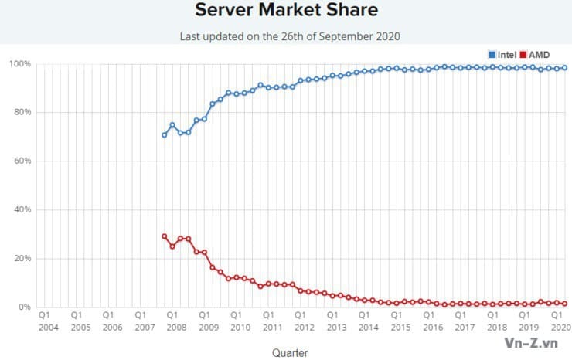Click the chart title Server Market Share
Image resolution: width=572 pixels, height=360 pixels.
[286, 11]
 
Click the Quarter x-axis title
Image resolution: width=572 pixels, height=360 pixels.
[290, 352]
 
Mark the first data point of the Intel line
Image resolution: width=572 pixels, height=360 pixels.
[164, 135]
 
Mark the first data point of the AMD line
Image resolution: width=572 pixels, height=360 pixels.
[164, 236]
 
